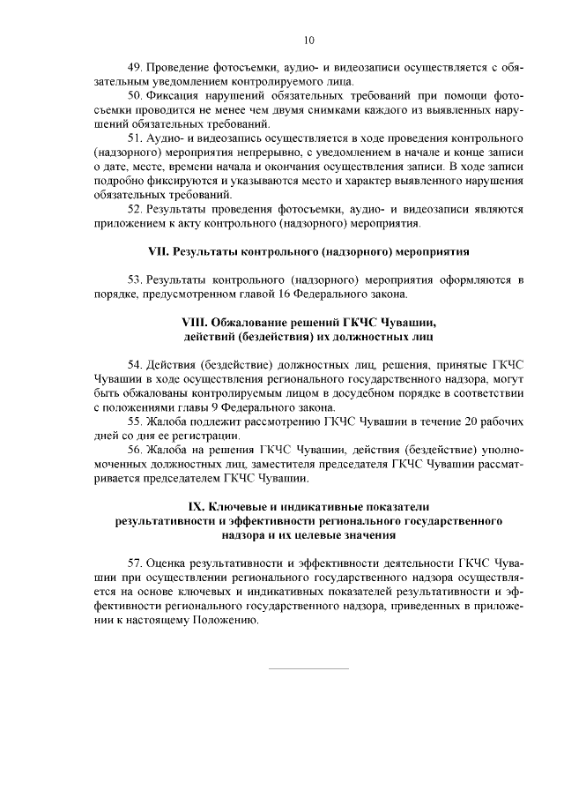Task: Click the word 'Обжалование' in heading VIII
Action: click(253, 321)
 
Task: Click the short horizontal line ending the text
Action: click(308, 668)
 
